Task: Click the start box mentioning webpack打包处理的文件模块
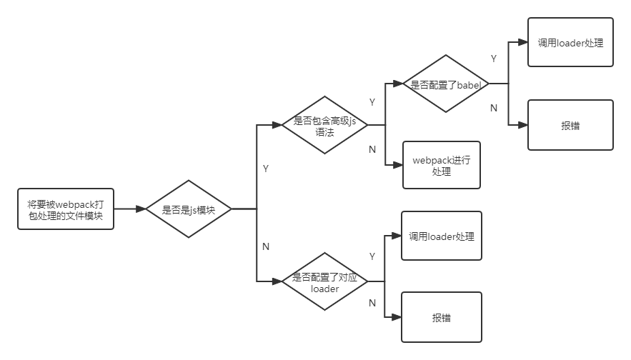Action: click(x=65, y=209)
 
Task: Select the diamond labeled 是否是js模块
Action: click(x=189, y=209)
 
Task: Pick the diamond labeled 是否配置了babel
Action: click(x=446, y=84)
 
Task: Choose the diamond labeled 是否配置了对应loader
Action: click(x=324, y=282)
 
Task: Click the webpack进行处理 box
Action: click(x=441, y=166)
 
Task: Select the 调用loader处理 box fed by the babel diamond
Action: click(x=570, y=42)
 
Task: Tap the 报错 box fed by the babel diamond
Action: click(x=570, y=125)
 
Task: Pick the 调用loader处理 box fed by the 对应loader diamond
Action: click(x=441, y=236)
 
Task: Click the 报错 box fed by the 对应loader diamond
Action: click(x=441, y=317)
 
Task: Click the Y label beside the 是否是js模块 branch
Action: click(x=266, y=169)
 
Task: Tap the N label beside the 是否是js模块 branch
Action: click(x=266, y=246)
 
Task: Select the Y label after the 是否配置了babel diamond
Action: click(x=494, y=59)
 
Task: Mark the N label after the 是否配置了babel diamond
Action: click(x=494, y=108)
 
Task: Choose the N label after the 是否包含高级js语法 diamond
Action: click(x=372, y=149)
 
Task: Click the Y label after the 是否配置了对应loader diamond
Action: click(x=372, y=256)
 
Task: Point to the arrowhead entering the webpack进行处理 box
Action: click(x=398, y=165)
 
